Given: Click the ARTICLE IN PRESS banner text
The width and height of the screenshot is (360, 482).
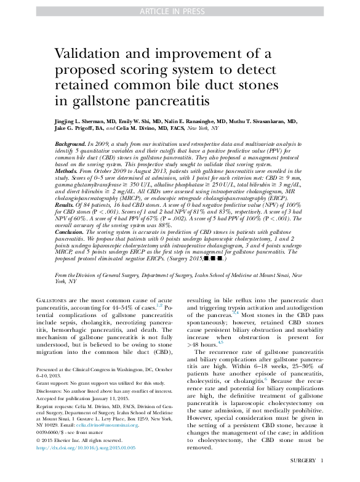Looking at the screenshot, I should point(180,11).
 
